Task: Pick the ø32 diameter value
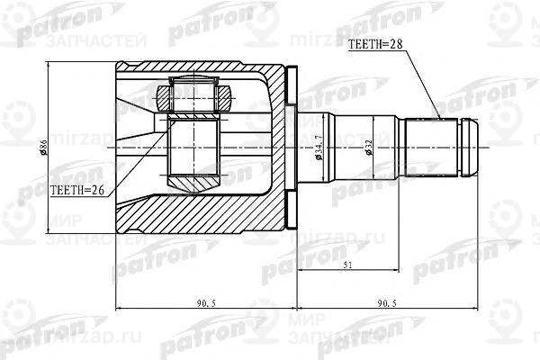pyautogui.click(x=371, y=147)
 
